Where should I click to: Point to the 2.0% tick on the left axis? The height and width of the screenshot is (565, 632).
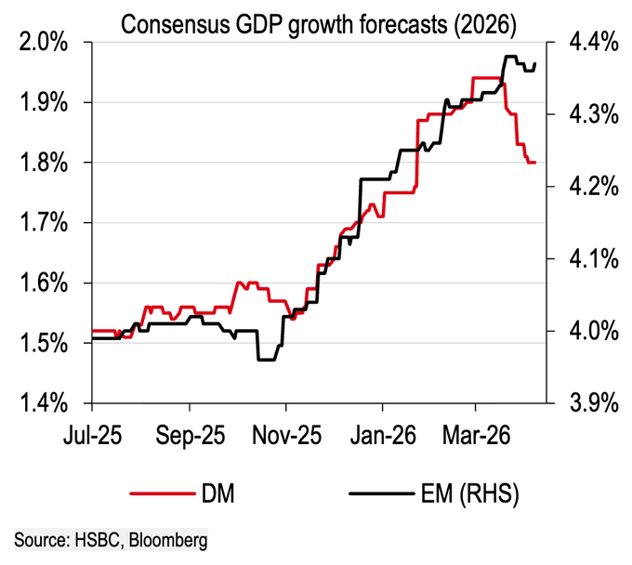(x=45, y=42)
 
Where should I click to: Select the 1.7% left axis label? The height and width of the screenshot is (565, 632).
(x=45, y=223)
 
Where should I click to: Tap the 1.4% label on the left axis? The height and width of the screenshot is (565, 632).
(x=45, y=403)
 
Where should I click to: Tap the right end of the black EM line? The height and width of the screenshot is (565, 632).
(x=535, y=63)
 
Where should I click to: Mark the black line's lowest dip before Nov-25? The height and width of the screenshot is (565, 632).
(x=267, y=360)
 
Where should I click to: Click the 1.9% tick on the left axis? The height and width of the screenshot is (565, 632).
(x=45, y=102)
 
